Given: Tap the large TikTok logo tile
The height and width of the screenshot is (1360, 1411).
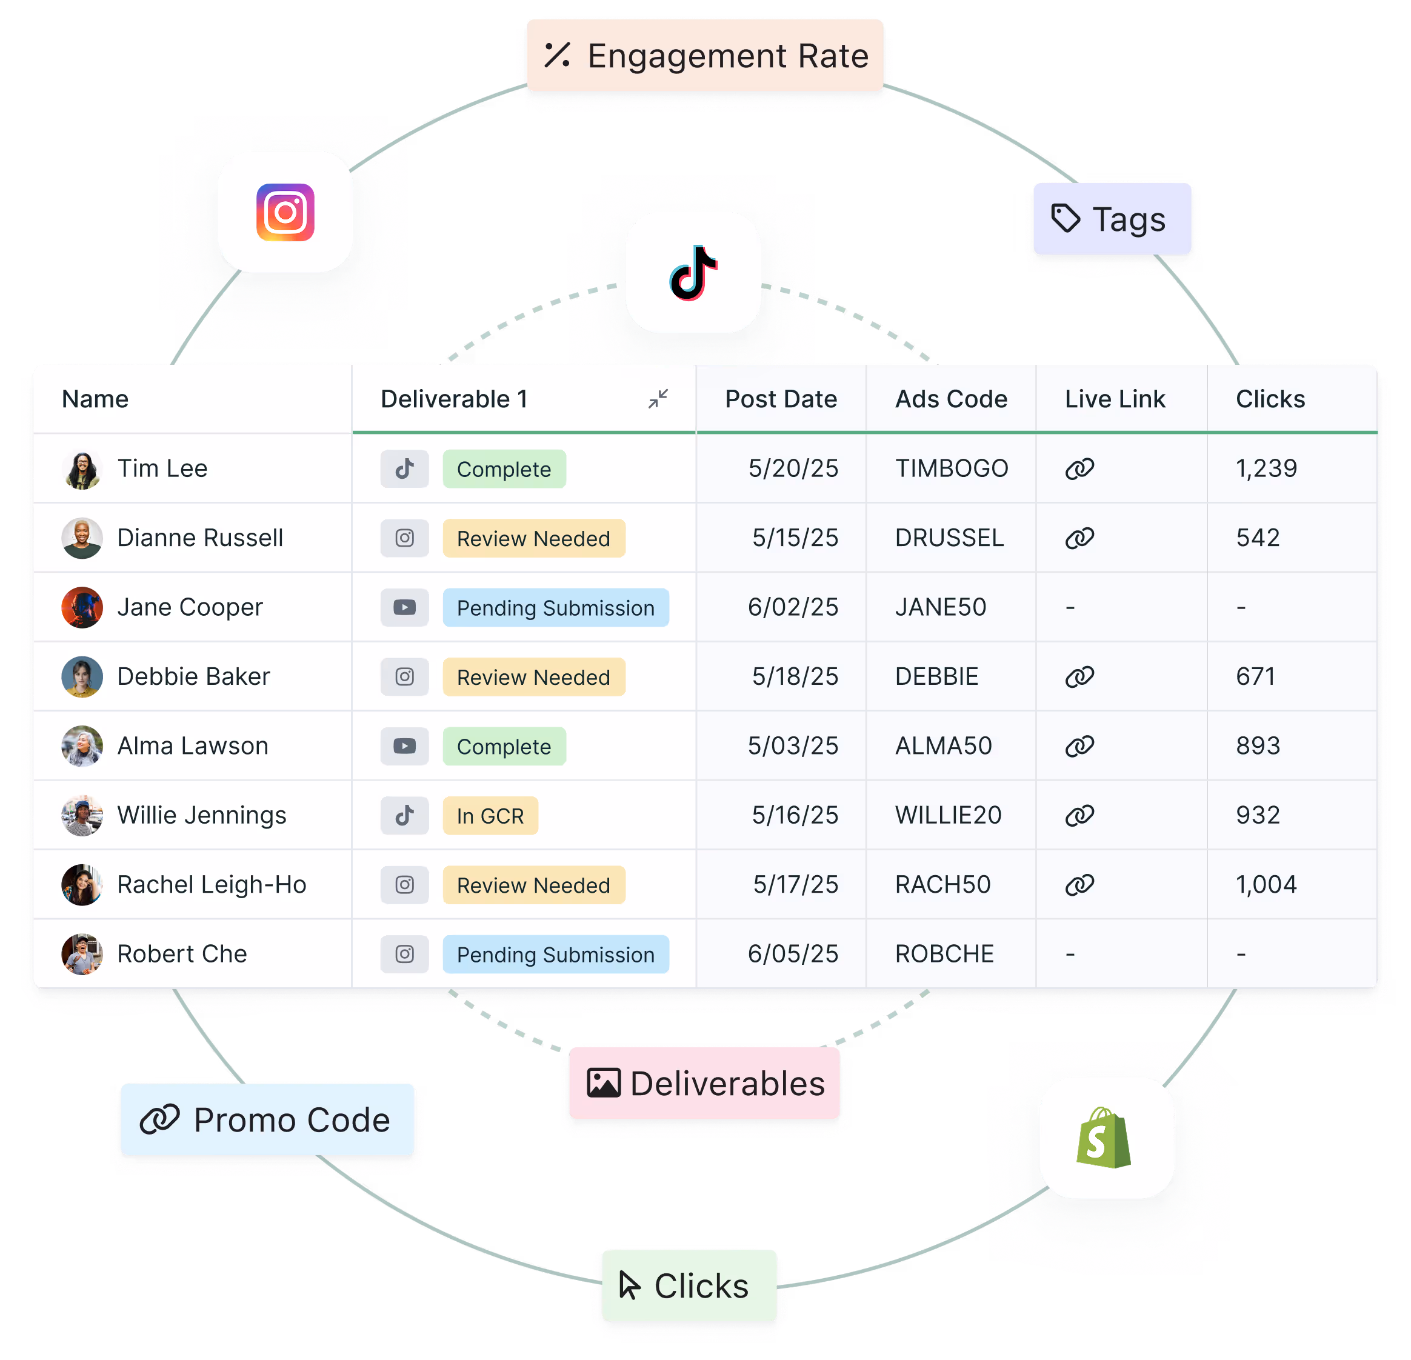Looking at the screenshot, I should pos(693,273).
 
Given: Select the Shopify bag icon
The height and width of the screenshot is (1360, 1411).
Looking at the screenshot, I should pos(1105,1138).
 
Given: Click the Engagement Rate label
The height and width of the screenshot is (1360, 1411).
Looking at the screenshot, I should pos(705,56).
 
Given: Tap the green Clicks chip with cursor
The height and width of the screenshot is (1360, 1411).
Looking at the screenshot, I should pos(687,1286).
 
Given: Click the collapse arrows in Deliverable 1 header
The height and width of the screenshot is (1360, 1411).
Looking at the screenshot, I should pos(658,399).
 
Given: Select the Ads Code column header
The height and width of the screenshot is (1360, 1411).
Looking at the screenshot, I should pos(951,399).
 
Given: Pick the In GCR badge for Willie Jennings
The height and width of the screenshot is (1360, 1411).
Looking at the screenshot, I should pos(490,816).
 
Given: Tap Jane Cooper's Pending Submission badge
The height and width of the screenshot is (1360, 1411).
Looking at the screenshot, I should pos(555,608).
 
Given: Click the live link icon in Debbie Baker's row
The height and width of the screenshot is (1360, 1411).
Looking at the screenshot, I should pos(1079,677).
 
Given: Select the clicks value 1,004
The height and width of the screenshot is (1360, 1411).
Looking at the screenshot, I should pos(1266,885).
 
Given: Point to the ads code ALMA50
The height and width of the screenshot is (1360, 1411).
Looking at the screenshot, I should pos(943,746).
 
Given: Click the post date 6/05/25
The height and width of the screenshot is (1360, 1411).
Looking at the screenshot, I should pos(793,954).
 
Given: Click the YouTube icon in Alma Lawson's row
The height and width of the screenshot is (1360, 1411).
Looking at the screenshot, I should pos(405,746).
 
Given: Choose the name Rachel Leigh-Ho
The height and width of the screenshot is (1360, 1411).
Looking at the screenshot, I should pos(212,885).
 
